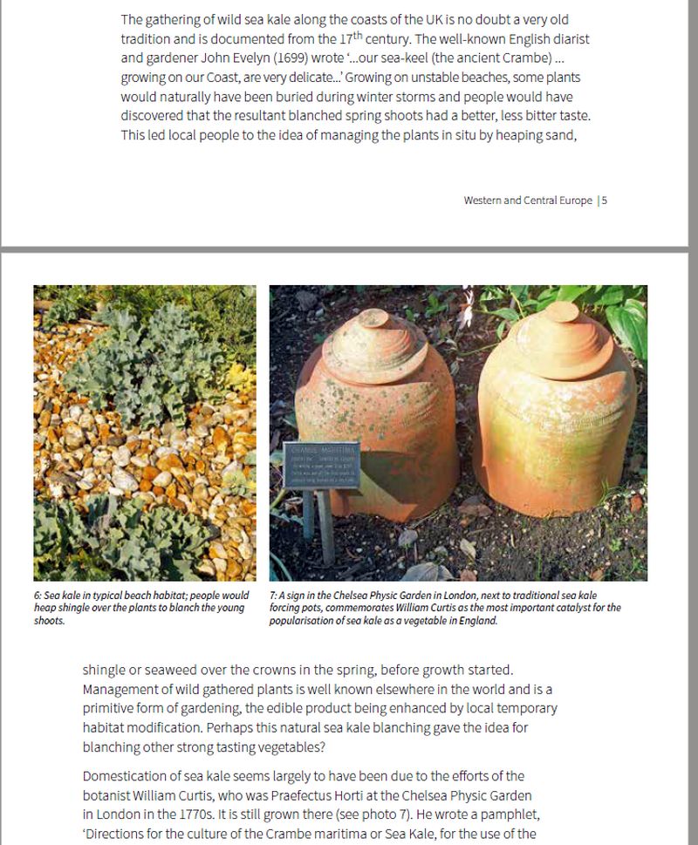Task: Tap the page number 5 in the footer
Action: point(605,201)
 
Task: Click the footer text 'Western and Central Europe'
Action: point(528,201)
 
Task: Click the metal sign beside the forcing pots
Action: point(321,465)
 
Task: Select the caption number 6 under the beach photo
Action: point(38,596)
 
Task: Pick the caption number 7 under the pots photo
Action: point(272,596)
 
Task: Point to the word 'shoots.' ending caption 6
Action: point(50,621)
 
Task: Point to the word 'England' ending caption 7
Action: point(476,621)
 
